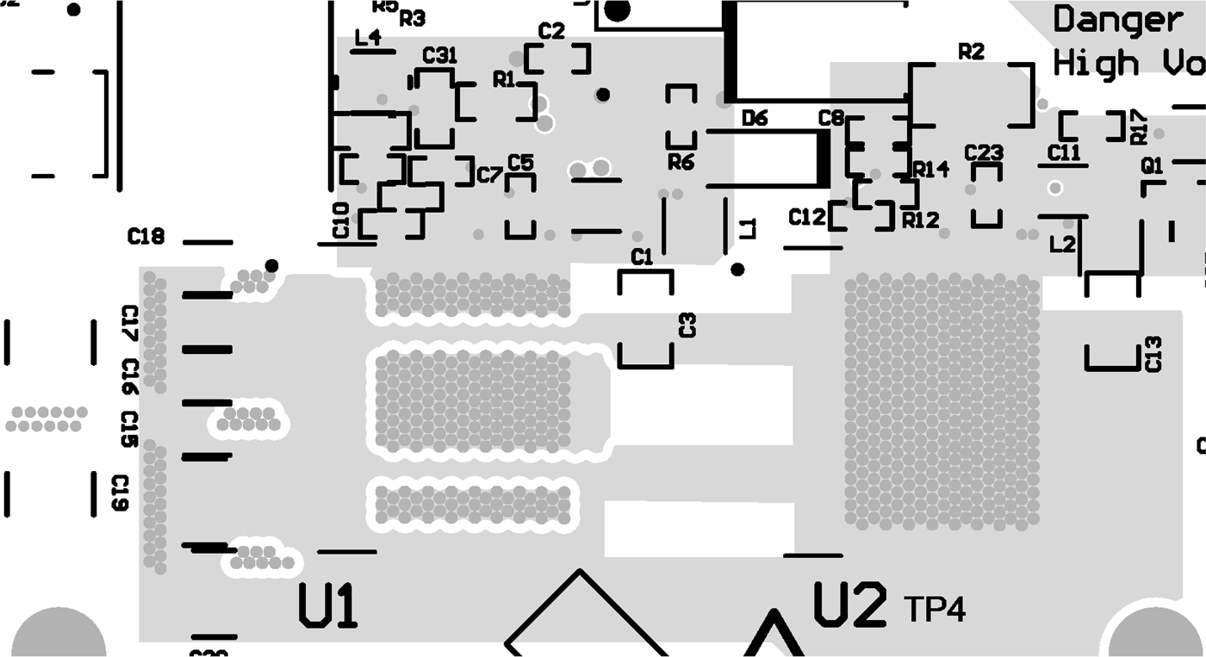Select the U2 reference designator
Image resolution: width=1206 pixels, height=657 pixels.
[x=849, y=604]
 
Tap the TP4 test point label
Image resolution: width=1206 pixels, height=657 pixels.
[x=935, y=610]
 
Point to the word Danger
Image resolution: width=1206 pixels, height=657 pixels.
[x=1117, y=19]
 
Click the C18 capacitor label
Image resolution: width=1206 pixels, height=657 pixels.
[x=146, y=236]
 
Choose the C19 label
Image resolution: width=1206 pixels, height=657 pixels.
[x=121, y=493]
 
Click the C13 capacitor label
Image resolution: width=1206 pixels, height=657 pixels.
[x=1153, y=354]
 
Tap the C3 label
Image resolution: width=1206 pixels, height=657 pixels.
[x=687, y=325]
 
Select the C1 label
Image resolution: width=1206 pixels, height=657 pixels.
[x=642, y=256]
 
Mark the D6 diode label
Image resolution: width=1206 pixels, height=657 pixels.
[x=755, y=119]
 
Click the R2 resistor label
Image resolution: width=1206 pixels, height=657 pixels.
[x=971, y=52]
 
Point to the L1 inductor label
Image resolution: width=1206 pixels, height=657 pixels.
[x=748, y=228]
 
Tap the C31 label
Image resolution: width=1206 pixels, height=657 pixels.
[x=439, y=56]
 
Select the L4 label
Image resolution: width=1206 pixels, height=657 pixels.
[x=368, y=38]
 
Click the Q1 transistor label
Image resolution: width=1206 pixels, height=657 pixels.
[x=1152, y=164]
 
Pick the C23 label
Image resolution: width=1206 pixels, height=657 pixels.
[x=984, y=152]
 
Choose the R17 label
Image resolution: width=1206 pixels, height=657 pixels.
[x=1139, y=127]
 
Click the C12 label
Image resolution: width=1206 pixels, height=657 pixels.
[x=807, y=218]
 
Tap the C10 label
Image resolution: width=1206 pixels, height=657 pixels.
[x=341, y=220]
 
